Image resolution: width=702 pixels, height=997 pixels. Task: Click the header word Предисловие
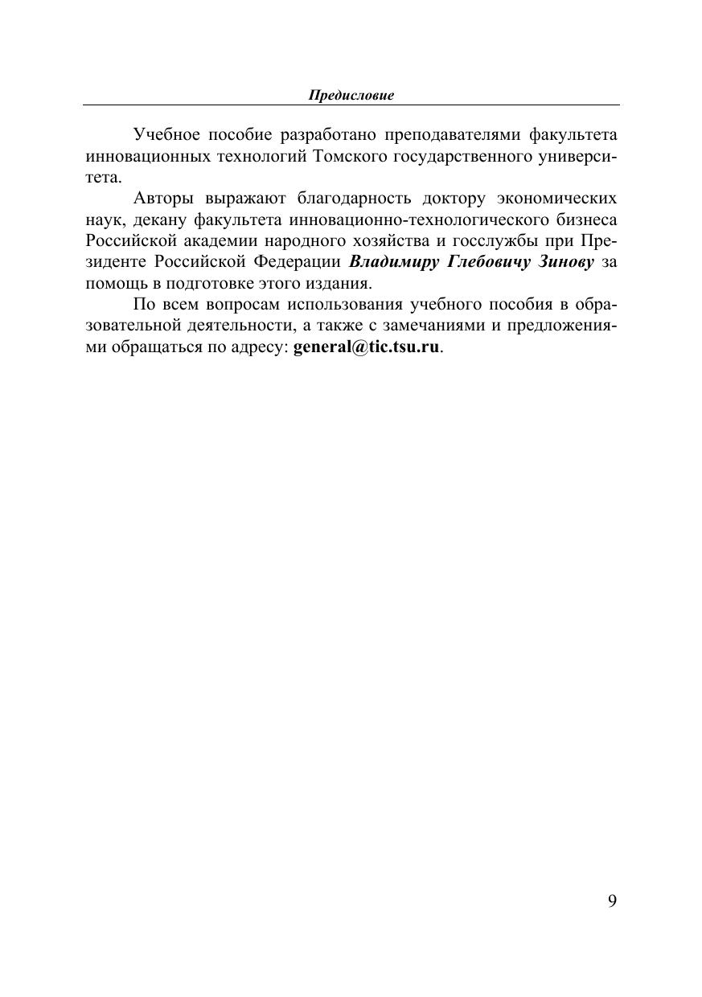351,96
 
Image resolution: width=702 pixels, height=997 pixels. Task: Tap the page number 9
613,901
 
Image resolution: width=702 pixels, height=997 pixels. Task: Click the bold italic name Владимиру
393,262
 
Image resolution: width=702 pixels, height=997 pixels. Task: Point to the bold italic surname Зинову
563,262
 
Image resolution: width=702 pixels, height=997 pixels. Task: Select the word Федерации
298,262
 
